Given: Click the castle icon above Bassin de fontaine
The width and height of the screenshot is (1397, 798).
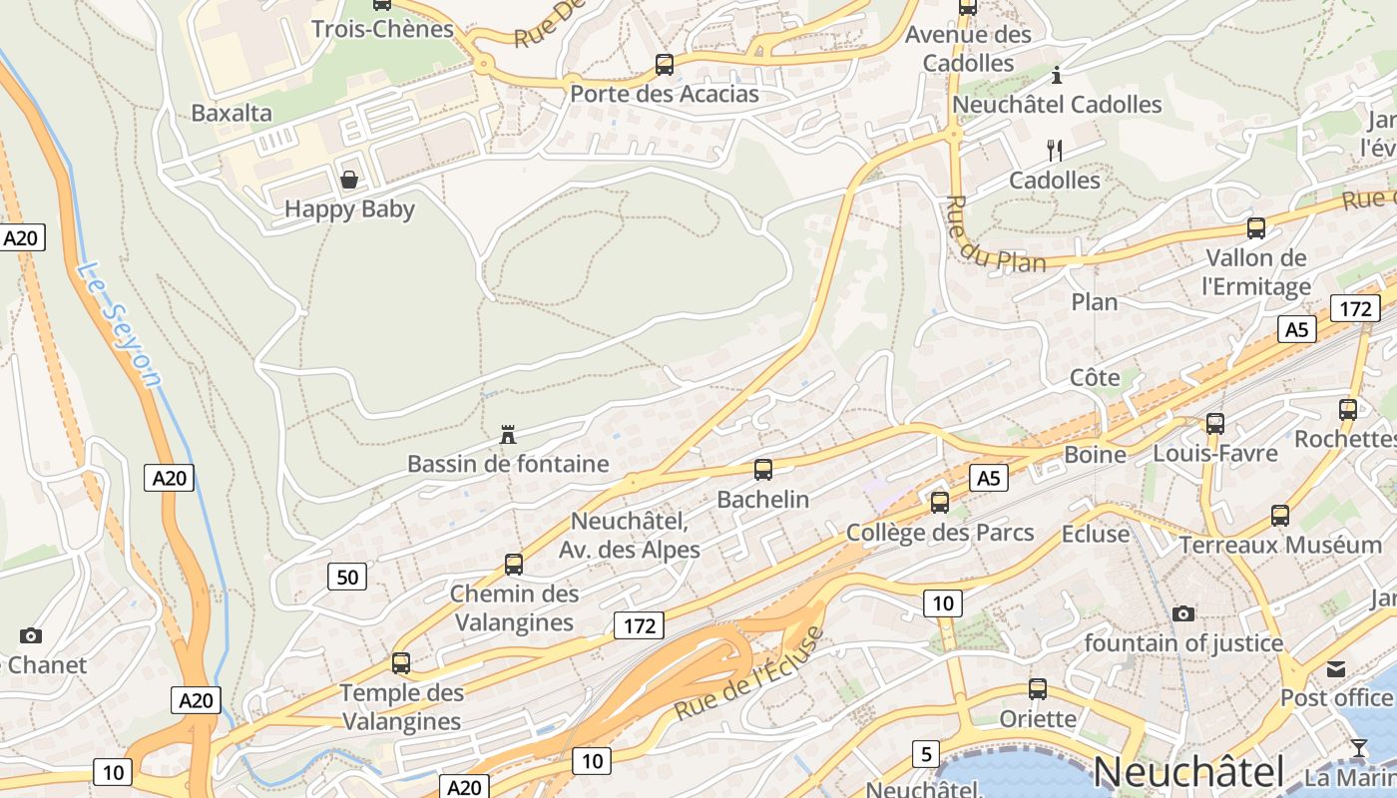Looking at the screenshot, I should [508, 434].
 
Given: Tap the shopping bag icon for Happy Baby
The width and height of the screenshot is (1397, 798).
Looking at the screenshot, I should [349, 180].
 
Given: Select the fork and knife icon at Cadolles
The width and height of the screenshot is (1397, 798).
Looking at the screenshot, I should [1054, 151].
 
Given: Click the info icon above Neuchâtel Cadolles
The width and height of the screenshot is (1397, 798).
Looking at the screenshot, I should [1057, 75].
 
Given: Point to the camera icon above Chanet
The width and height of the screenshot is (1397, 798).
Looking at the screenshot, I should [31, 635].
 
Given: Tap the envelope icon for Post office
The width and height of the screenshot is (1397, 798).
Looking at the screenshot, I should [1335, 668].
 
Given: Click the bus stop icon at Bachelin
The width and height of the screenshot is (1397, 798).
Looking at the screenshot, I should [763, 469].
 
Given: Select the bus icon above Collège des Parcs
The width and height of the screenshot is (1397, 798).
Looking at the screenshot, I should [940, 502].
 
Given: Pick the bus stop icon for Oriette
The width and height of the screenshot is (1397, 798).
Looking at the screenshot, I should [1038, 688].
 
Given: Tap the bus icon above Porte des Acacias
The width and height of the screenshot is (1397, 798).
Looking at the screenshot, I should [665, 65].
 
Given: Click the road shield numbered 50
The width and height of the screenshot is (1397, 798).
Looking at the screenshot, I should [347, 577].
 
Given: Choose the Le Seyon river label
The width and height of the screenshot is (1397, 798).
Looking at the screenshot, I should [119, 323].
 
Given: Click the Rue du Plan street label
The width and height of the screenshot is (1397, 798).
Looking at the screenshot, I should [993, 235].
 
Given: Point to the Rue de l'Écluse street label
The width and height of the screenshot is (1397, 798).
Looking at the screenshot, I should [749, 674].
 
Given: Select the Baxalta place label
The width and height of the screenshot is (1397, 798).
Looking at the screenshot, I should [232, 113].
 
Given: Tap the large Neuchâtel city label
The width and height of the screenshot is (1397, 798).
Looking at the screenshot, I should [1188, 773].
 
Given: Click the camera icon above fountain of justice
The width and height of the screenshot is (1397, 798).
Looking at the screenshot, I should [1183, 613].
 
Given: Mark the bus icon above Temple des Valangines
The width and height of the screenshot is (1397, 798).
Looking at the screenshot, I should [401, 662].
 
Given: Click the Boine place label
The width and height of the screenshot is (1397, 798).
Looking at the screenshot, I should [1095, 455].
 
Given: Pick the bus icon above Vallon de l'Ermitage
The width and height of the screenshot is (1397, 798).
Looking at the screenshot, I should [1256, 227].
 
